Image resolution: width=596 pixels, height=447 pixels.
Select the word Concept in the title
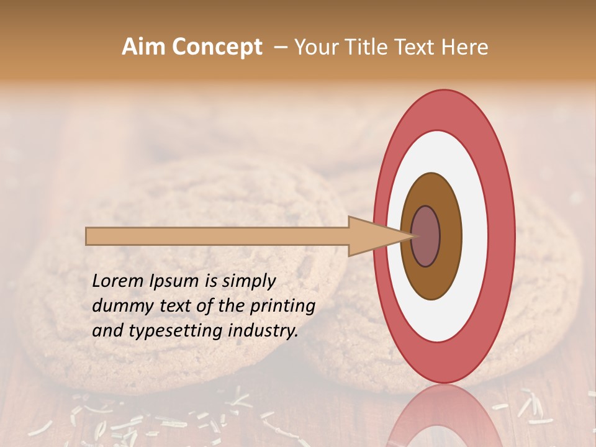tap(217, 47)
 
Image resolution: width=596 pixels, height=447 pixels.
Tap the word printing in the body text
tap(282, 306)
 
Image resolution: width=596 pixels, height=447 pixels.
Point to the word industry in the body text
tap(263, 331)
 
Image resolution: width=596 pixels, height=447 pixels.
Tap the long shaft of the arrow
tap(217, 236)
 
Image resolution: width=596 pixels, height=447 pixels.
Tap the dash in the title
tap(281, 47)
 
